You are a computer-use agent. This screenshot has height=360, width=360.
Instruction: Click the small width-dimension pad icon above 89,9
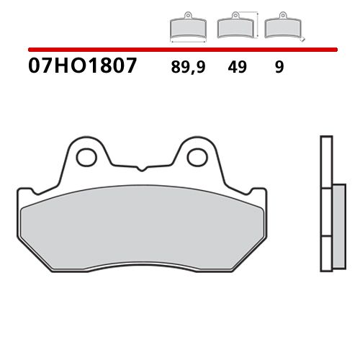186,28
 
